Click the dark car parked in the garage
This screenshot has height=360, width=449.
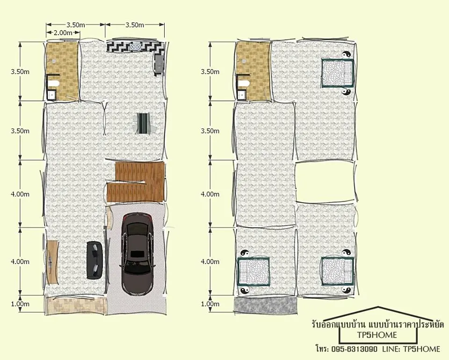pyautogui.click(x=137, y=254)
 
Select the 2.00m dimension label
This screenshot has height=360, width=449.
pyautogui.click(x=63, y=33)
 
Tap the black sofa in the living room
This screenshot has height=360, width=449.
pyautogui.click(x=95, y=260)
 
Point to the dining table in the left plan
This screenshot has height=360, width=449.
pyautogui.click(x=144, y=123)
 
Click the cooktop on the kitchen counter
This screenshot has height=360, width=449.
pyautogui.click(x=135, y=46)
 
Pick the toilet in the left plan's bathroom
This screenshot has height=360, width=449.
pyautogui.click(x=53, y=84)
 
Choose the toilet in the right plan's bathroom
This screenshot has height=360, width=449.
pyautogui.click(x=244, y=84)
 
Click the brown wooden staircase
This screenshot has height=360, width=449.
pyautogui.click(x=136, y=182)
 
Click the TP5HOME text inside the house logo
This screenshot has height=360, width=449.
pyautogui.click(x=377, y=335)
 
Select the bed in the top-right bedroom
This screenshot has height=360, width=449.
pyautogui.click(x=337, y=73)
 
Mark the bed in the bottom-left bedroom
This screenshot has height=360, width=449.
pyautogui.click(x=253, y=271)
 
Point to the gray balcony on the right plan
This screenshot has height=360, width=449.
pyautogui.click(x=266, y=305)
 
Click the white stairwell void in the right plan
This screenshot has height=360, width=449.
pyautogui.click(x=325, y=182)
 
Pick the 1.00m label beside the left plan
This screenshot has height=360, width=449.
pyautogui.click(x=20, y=304)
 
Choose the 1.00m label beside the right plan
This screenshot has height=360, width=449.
pyautogui.click(x=210, y=304)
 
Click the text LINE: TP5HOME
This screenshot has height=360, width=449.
pyautogui.click(x=411, y=349)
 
